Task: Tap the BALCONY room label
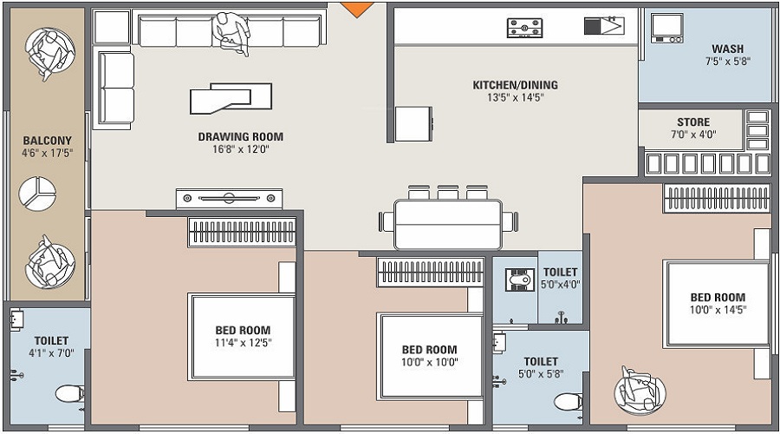[47, 140]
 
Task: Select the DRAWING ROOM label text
[240, 136]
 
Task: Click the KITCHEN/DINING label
[515, 85]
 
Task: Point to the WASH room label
[727, 49]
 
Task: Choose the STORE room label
[693, 122]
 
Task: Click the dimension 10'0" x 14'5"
[717, 309]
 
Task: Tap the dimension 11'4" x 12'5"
[243, 342]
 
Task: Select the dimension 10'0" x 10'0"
[429, 362]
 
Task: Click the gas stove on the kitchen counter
[525, 28]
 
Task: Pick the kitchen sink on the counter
[604, 25]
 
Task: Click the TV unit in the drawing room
[231, 198]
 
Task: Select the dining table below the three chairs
[447, 225]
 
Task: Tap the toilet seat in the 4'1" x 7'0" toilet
[68, 395]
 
